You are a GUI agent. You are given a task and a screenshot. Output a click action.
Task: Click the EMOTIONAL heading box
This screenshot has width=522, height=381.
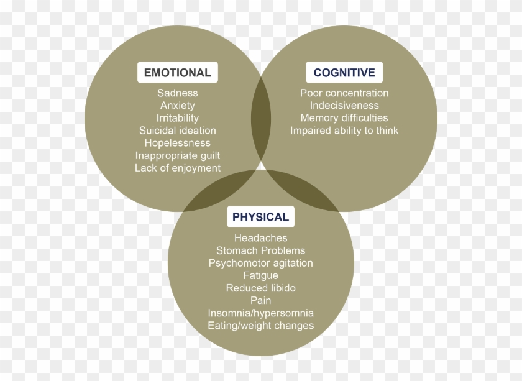[x=178, y=73]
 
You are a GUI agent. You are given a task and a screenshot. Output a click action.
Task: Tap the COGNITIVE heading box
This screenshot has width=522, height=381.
[x=344, y=73]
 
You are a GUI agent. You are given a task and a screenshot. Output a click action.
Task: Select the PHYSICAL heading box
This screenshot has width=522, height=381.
[x=260, y=217]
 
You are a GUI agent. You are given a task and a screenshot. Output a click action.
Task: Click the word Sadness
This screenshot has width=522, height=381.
[x=178, y=93]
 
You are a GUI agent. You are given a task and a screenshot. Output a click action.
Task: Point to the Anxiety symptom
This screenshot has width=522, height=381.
[x=178, y=106]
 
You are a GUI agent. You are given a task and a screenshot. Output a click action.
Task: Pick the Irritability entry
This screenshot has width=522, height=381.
[x=178, y=118]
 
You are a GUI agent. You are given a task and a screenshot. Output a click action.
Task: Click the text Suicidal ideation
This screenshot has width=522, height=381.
[x=178, y=131]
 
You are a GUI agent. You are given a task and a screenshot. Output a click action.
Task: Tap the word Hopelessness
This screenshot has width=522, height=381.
[x=178, y=143]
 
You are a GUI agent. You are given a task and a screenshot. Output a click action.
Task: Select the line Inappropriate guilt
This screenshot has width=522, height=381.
[x=178, y=155]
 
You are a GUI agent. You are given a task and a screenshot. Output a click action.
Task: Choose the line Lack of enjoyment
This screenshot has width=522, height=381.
[x=178, y=168]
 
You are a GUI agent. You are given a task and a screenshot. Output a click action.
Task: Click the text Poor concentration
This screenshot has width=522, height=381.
[x=344, y=93]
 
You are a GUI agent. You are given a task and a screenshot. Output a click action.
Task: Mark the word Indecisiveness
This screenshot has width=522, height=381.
[x=344, y=106]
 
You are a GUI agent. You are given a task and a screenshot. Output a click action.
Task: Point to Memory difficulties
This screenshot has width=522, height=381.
[x=344, y=118]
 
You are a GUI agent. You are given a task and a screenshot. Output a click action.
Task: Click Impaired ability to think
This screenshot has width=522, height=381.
[x=344, y=131]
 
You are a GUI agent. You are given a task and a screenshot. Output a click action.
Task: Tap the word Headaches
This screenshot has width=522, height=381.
[x=260, y=238]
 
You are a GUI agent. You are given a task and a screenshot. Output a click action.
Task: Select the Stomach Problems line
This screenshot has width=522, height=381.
[x=260, y=250]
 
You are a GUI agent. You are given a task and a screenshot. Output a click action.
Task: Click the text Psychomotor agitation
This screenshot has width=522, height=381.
[x=260, y=263]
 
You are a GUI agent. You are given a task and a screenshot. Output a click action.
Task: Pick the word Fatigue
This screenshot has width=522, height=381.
[x=260, y=275]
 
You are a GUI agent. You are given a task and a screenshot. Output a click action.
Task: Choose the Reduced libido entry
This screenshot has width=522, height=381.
[x=260, y=288]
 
